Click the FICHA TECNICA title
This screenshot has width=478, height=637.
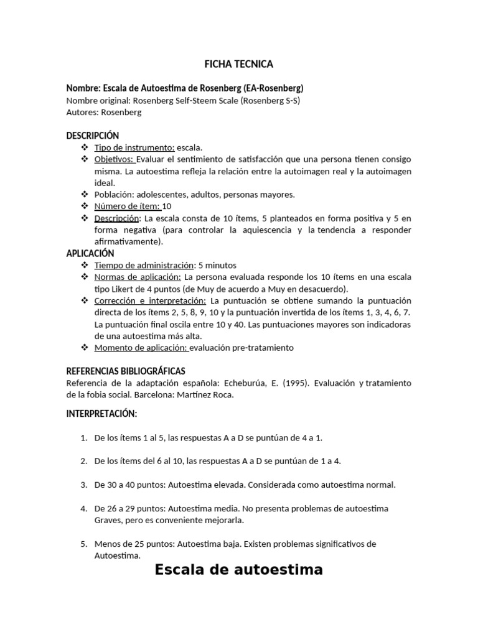click(x=239, y=64)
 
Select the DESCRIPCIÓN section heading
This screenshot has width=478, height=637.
click(x=92, y=136)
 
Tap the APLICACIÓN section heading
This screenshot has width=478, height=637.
click(x=90, y=253)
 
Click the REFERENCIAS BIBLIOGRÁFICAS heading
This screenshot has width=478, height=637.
click(x=126, y=371)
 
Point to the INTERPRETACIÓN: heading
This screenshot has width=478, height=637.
click(x=101, y=414)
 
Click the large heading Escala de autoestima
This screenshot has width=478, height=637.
click(x=238, y=569)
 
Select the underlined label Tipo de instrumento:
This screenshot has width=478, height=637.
click(x=134, y=147)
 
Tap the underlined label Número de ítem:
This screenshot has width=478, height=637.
click(x=127, y=206)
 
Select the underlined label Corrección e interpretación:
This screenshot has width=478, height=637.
click(x=151, y=300)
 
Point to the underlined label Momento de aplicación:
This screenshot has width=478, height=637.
click(x=141, y=348)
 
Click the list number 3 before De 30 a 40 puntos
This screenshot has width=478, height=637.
click(x=84, y=485)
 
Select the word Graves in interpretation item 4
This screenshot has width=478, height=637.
click(x=108, y=520)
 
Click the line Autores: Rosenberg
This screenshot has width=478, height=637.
click(x=104, y=112)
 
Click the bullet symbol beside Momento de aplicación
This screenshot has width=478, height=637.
click(x=84, y=348)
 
